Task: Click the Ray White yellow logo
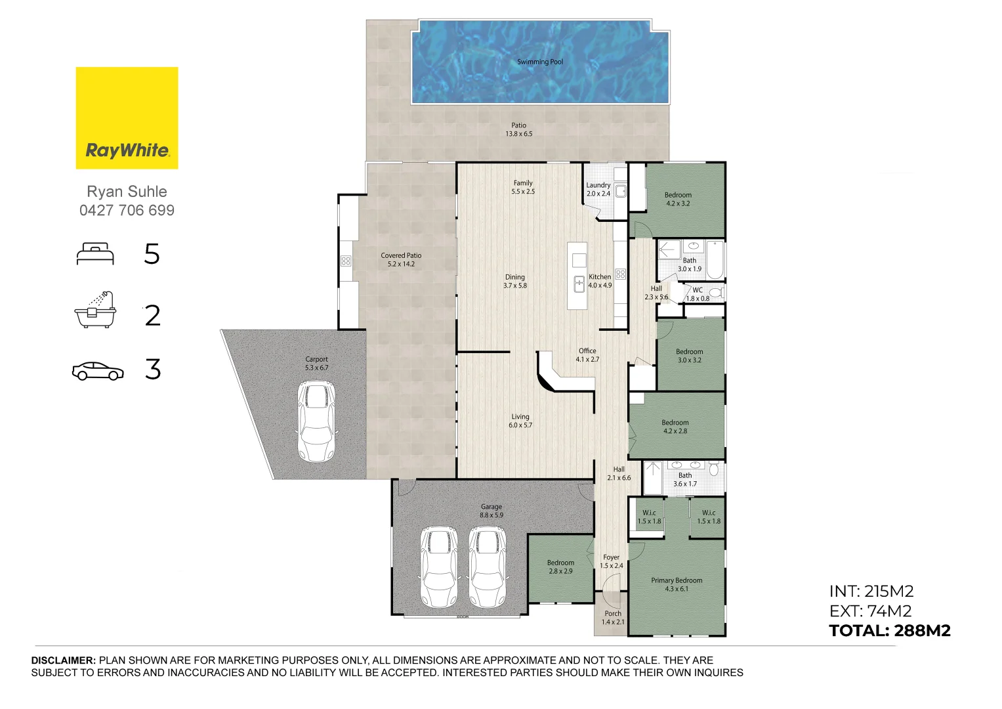click(x=127, y=118)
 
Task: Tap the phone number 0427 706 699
click(x=127, y=211)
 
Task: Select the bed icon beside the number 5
click(x=95, y=254)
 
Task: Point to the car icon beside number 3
click(x=98, y=371)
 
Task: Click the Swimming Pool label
click(x=540, y=62)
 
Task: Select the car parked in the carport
click(x=316, y=420)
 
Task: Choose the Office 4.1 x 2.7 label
click(x=587, y=355)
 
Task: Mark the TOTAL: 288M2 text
click(x=889, y=631)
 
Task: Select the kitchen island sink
click(x=579, y=284)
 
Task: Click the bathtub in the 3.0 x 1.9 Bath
click(x=715, y=260)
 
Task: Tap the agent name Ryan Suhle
click(x=127, y=192)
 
